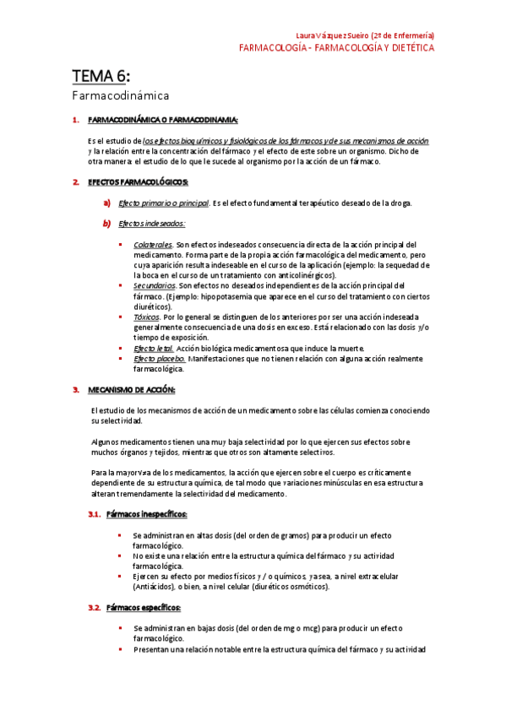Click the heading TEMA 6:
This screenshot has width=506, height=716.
pos(101,78)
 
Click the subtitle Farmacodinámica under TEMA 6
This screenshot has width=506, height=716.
pos(120,97)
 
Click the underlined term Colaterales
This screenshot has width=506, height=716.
pos(153,244)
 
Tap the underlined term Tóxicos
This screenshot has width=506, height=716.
pos(146,317)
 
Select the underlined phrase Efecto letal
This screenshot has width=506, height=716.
pos(154,348)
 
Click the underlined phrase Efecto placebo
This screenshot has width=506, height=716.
pos(160,358)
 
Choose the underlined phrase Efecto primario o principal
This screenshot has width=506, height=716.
pos(164,203)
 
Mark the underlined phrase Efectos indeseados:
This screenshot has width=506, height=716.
pos(152,224)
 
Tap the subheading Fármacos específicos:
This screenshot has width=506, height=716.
pos(144,607)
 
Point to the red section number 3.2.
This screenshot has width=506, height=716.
pos(95,607)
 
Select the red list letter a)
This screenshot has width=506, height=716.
pos(107,203)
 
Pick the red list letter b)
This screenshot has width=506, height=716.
pos(107,224)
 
